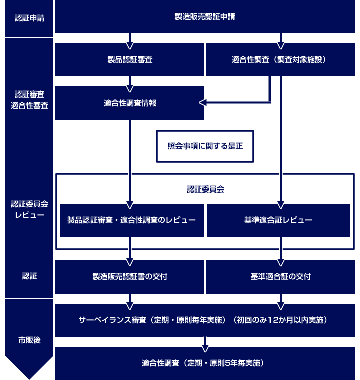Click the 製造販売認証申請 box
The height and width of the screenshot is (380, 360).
tap(205, 17)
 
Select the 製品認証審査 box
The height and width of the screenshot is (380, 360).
tap(130, 60)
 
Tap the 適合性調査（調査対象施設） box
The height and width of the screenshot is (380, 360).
tap(281, 60)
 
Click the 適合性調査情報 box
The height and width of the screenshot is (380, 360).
tap(130, 103)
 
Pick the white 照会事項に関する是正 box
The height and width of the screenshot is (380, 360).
tap(205, 146)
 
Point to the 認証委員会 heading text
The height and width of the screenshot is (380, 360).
tap(205, 189)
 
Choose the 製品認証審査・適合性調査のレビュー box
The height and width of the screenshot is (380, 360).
tap(132, 220)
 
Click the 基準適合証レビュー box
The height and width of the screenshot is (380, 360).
tap(279, 220)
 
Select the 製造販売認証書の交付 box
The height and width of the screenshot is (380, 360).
tap(130, 277)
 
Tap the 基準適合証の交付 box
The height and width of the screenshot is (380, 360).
tap(281, 277)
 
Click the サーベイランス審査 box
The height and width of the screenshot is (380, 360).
tap(205, 320)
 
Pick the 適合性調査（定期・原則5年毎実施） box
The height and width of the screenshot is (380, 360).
tap(205, 363)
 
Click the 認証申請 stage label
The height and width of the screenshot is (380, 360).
tap(29, 18)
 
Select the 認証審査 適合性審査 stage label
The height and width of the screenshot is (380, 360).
tap(29, 100)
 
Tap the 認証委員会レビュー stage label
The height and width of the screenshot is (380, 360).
tap(29, 209)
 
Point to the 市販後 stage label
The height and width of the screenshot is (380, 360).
tap(29, 340)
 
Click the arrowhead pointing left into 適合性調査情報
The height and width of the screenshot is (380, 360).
tap(203, 102)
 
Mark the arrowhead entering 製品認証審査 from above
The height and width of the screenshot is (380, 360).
tap(130, 46)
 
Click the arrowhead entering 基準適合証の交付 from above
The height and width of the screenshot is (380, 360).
tap(281, 263)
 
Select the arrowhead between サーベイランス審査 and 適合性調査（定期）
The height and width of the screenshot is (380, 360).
tap(205, 349)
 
